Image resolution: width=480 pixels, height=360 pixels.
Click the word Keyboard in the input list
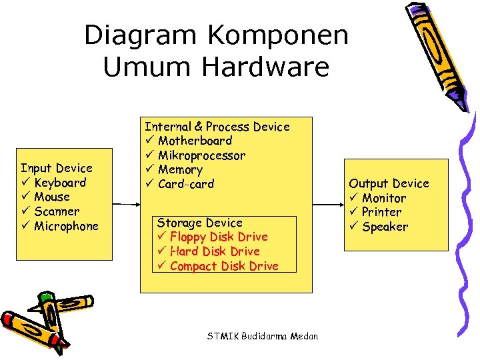click(x=60, y=183)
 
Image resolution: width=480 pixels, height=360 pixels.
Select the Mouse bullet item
click(x=52, y=197)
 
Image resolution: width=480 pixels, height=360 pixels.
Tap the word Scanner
click(x=57, y=211)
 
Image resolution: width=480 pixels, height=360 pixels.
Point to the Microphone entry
click(x=66, y=226)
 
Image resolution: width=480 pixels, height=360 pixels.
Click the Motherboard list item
click(x=195, y=141)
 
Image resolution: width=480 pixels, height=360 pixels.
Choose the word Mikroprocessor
click(x=201, y=155)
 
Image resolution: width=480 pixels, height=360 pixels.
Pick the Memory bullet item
click(x=180, y=170)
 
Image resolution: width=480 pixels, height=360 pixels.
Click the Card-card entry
click(x=186, y=184)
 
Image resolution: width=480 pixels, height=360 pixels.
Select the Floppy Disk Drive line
click(x=219, y=237)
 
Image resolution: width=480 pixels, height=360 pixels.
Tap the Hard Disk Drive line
click(x=215, y=251)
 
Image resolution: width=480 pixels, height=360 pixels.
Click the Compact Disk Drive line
click(x=224, y=266)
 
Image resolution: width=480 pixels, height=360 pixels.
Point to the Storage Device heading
click(x=199, y=223)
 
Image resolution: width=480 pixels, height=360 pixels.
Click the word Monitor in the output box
click(x=383, y=198)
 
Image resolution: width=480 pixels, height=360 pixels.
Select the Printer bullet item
click(x=381, y=212)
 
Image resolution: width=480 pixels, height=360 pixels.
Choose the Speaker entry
click(x=385, y=227)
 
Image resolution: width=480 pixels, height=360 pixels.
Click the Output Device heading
click(x=389, y=183)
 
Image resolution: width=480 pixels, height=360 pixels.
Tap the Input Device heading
click(x=57, y=168)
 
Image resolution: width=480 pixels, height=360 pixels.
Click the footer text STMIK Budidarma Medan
click(x=263, y=336)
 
